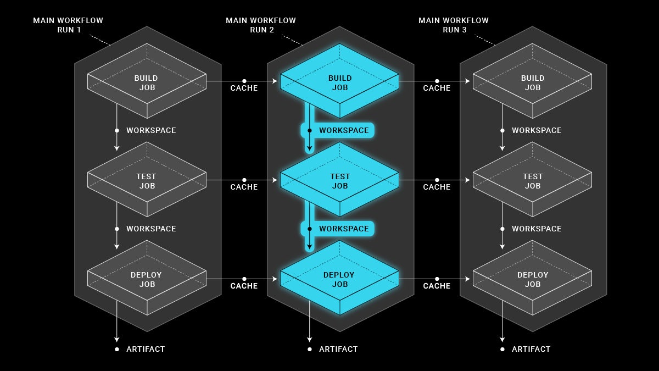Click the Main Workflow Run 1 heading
pos(68,25)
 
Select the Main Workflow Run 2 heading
pos(261,25)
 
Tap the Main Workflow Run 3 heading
pos(454,25)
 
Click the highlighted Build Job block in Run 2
pos(339,82)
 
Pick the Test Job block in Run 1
pos(147,181)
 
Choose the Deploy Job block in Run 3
pos(532,279)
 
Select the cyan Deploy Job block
pos(339,279)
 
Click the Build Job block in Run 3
pos(532,82)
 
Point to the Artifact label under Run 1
pos(145,349)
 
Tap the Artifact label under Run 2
pos(338,349)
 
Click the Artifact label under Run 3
pos(530,349)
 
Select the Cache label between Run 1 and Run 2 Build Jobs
pos(244,88)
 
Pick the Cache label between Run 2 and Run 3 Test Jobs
pos(437,187)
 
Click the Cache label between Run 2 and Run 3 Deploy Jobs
pos(437,286)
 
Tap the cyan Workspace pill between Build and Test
pos(338,130)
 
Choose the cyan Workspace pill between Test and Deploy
pos(338,229)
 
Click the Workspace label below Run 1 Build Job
pos(151,130)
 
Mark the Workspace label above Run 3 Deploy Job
pos(537,229)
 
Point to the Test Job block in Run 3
pos(532,181)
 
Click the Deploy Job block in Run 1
pos(147,279)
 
